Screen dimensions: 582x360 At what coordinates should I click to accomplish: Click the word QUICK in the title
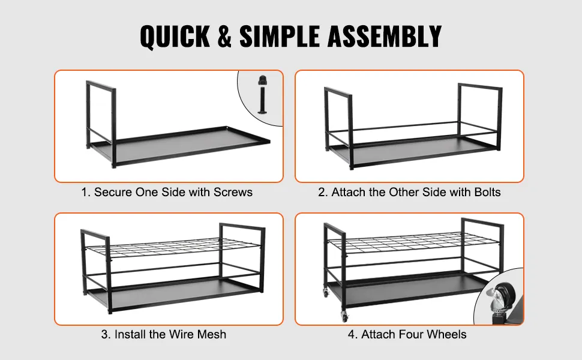coord(175,37)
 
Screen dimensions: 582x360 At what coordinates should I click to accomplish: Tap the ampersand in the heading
coord(224,37)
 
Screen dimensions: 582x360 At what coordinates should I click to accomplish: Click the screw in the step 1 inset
coord(262,94)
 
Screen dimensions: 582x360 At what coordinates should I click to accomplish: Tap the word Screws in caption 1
coord(233,192)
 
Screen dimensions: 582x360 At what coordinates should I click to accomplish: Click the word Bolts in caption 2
coord(487,192)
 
